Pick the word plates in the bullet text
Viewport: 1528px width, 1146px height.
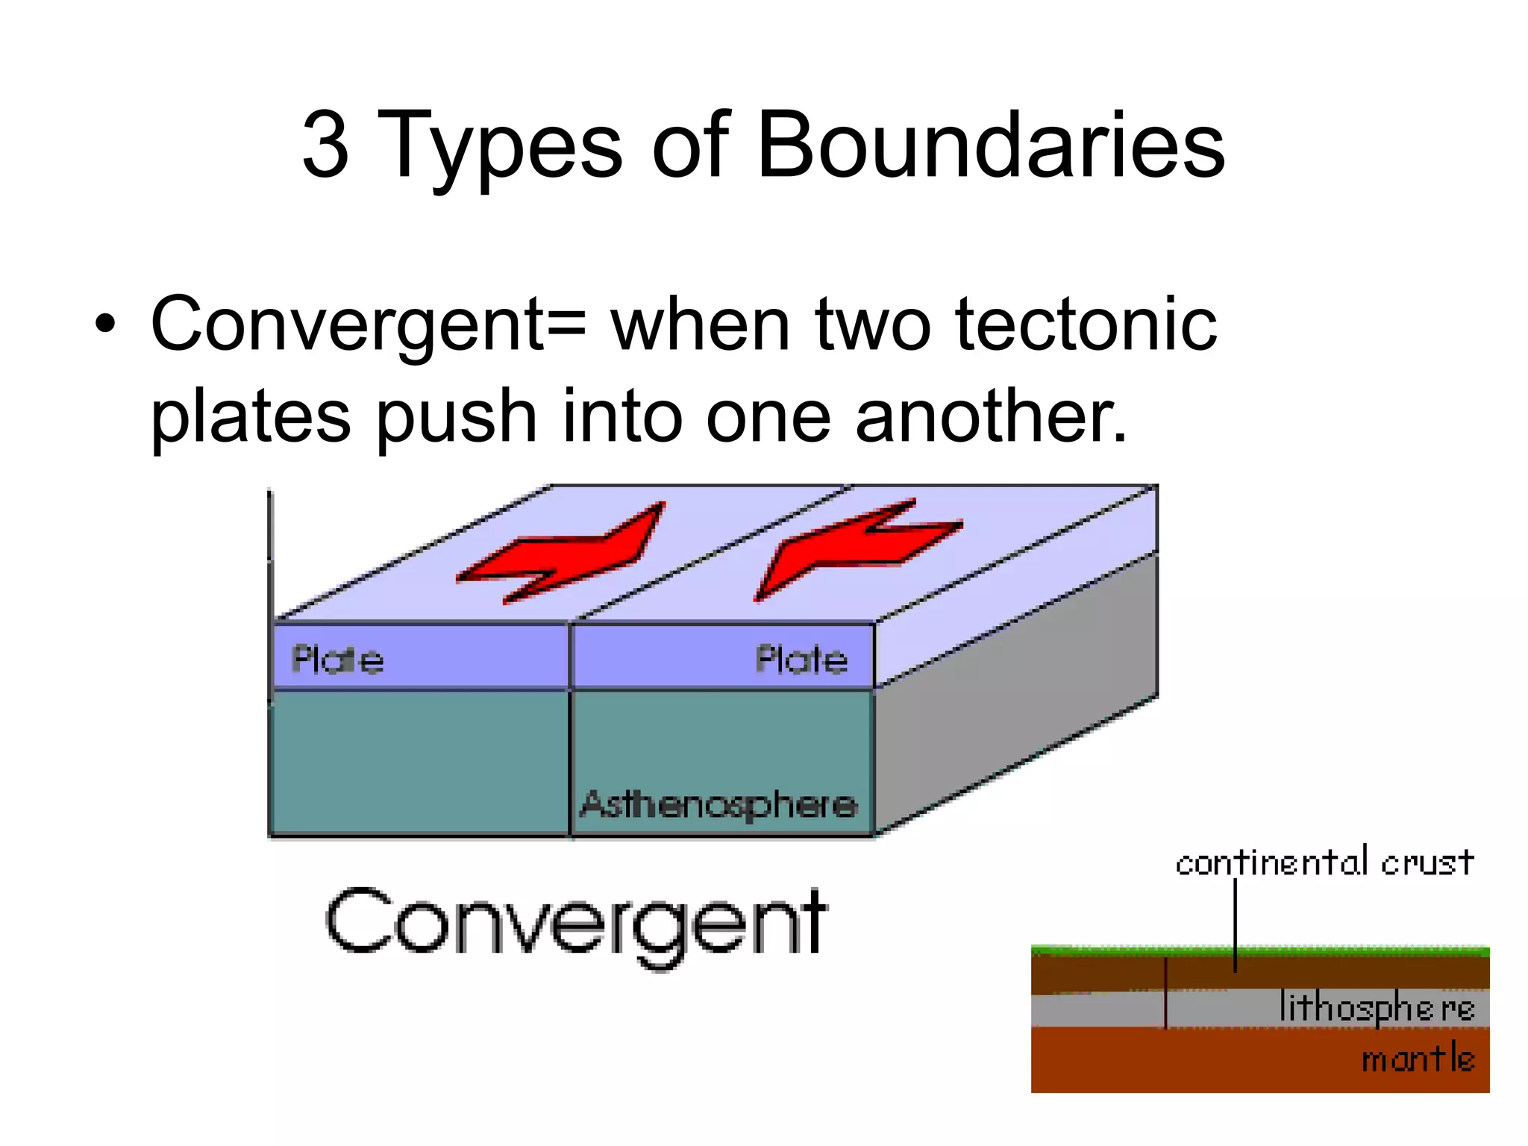[251, 418]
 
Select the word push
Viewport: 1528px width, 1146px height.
[456, 418]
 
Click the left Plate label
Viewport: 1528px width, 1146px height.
[337, 660]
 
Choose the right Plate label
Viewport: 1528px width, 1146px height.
[801, 660]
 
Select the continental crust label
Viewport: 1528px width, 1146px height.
[1324, 863]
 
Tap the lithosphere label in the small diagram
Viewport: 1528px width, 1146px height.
[1377, 1008]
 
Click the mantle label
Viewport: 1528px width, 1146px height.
[1418, 1059]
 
